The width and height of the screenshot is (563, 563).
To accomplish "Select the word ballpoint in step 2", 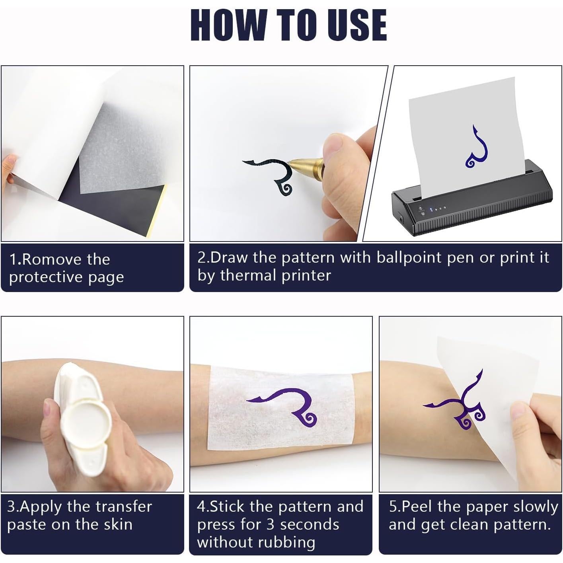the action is click(x=409, y=258).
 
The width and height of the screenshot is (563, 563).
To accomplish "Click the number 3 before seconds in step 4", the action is click(x=270, y=524).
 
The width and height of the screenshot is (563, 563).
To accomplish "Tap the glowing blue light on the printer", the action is click(x=431, y=209).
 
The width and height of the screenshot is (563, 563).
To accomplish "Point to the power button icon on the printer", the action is click(x=421, y=208).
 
